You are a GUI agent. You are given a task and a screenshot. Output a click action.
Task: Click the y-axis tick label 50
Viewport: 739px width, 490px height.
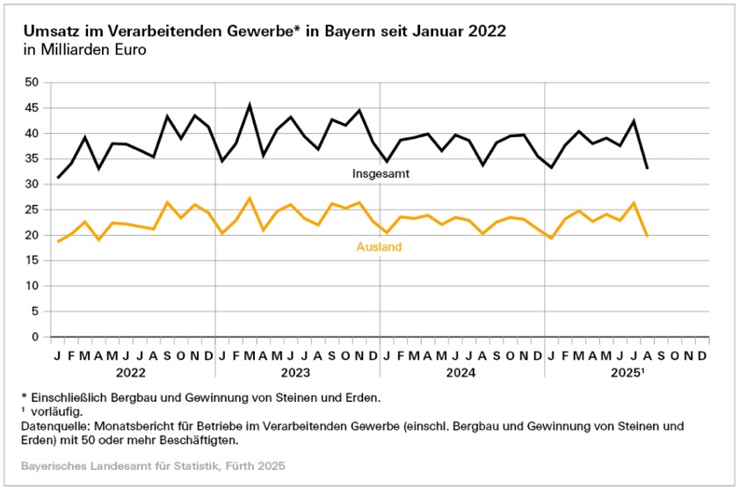[x=33, y=83]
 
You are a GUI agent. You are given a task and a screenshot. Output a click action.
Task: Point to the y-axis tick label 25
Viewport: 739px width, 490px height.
[x=33, y=210]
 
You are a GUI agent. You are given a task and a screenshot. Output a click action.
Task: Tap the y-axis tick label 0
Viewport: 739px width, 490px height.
[x=37, y=337]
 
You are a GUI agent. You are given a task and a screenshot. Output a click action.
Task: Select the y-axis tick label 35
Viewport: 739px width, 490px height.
[x=33, y=159]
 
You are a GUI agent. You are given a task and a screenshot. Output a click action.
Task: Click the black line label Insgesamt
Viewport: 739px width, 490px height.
[x=381, y=174]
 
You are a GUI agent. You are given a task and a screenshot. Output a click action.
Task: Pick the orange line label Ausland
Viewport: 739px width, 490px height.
[x=379, y=247]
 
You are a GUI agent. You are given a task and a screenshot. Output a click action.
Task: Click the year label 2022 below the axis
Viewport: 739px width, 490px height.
[x=133, y=372]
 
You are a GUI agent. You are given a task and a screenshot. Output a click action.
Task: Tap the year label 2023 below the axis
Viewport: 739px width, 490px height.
[x=298, y=372]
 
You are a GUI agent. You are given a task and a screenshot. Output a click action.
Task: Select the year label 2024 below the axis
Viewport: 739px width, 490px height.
[x=462, y=372]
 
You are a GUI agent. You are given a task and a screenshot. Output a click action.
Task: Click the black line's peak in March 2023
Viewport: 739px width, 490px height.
[x=250, y=105]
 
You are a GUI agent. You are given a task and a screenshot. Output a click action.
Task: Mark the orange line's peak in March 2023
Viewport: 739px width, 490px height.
[x=250, y=198]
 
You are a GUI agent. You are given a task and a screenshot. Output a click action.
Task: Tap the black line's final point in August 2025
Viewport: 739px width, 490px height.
[x=647, y=168]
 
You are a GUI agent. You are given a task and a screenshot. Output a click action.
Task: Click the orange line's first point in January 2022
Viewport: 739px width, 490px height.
[x=58, y=241]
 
